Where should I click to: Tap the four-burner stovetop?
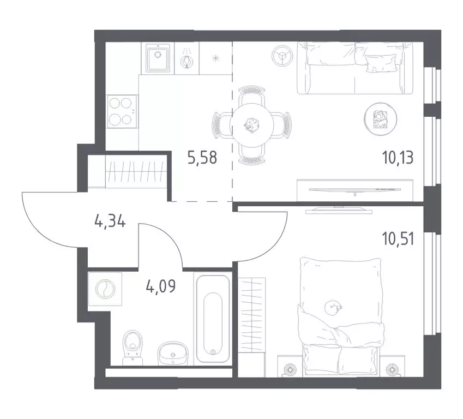122,111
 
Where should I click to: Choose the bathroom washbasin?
173,353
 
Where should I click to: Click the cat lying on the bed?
333,308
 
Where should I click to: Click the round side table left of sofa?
282,55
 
